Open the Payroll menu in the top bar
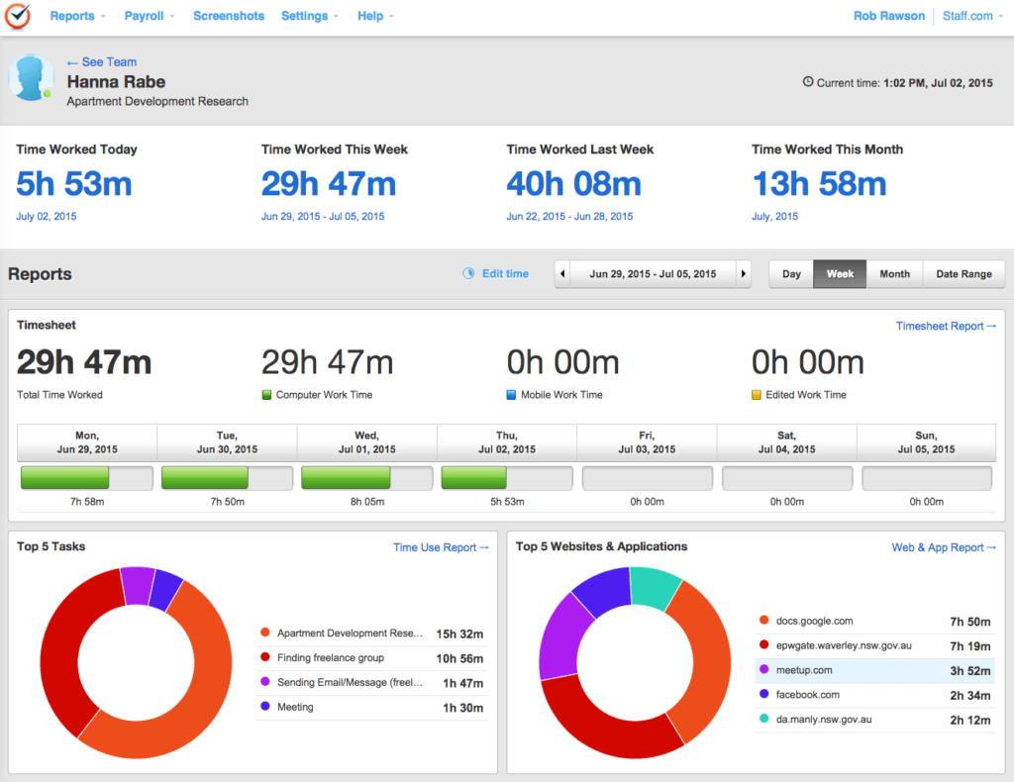(x=150, y=16)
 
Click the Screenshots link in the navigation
(x=229, y=16)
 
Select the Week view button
(x=840, y=274)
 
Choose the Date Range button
(x=963, y=274)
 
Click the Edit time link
(x=504, y=274)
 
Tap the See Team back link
(x=102, y=62)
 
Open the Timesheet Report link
(x=946, y=326)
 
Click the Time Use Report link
(x=441, y=547)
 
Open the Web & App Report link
(x=944, y=547)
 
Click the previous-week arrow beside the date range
(x=563, y=274)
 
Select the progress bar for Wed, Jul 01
(x=366, y=479)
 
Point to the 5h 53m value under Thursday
(x=506, y=502)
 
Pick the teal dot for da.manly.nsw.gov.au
(x=763, y=720)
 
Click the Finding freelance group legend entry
(x=330, y=658)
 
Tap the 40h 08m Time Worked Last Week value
(x=573, y=184)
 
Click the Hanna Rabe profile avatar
(x=31, y=78)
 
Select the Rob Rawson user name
(x=889, y=16)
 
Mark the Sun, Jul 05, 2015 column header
(x=926, y=441)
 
